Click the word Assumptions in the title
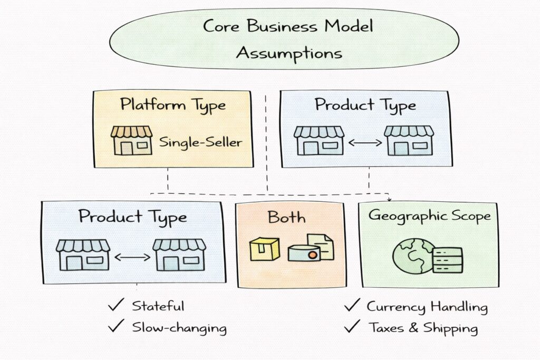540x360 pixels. click(288, 53)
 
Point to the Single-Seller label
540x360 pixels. click(201, 141)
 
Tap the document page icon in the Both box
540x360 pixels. click(321, 246)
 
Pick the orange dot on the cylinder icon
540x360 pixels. click(312, 255)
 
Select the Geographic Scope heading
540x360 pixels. click(429, 215)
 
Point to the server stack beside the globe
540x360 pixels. click(447, 260)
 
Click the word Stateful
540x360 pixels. click(158, 306)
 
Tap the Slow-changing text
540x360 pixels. click(179, 328)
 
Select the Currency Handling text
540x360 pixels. click(427, 306)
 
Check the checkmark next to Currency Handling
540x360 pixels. click(351, 306)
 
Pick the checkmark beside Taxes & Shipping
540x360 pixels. click(351, 327)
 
